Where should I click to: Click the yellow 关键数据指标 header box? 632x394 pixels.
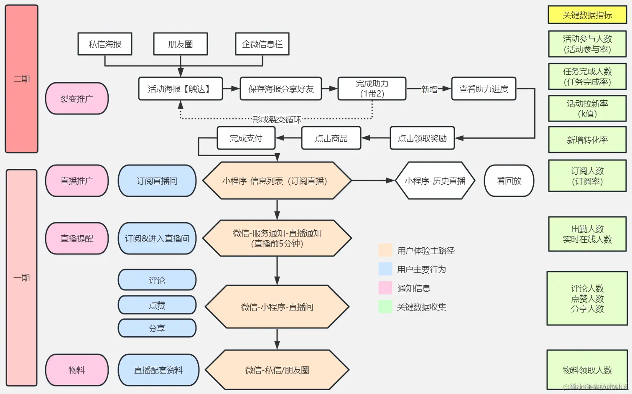pos(587,15)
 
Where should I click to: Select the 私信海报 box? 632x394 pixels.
pos(105,44)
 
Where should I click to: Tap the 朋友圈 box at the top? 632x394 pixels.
pos(180,44)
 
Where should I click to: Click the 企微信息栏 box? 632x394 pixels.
pos(262,44)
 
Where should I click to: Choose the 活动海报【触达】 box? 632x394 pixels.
pos(180,89)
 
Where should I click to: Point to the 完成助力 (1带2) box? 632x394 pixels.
pos(372,89)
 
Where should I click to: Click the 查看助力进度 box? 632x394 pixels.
pos(484,89)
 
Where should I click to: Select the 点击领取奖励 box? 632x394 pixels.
pos(422,138)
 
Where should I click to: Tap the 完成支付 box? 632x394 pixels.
pos(246,138)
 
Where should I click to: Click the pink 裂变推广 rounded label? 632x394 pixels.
pos(77,99)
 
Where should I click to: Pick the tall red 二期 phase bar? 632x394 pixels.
pos(22,79)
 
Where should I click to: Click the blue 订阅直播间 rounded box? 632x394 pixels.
pos(157,180)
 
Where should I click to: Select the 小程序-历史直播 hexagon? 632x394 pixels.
pos(435,180)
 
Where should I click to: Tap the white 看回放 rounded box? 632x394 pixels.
pos(509,180)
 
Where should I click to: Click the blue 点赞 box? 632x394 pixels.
pos(157,305)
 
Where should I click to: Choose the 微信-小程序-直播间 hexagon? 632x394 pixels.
pos(277,307)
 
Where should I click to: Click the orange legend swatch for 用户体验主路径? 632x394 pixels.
pos(385,250)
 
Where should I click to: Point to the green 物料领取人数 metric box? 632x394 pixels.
pos(587,370)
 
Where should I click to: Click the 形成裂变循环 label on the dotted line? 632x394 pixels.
pos(277,119)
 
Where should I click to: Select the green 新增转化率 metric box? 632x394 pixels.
pos(587,140)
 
